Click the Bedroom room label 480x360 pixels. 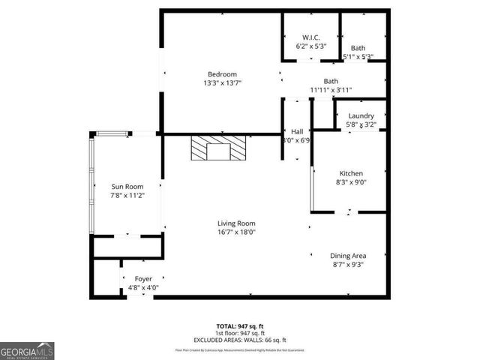[x=222, y=73]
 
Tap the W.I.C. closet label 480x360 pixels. [x=311, y=37]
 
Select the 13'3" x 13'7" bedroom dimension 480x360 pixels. [x=222, y=83]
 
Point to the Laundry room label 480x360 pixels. [x=361, y=115]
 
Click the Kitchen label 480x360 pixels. [x=351, y=172]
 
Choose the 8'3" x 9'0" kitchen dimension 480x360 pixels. [x=351, y=181]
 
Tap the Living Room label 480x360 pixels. [x=236, y=223]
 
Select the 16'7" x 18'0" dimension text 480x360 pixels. [x=236, y=232]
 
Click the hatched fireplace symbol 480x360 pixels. [x=217, y=148]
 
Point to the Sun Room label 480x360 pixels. [x=127, y=187]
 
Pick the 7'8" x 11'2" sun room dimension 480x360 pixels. [x=127, y=196]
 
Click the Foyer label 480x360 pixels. [x=142, y=278]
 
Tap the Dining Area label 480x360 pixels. [x=348, y=255]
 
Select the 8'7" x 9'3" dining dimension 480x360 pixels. [x=348, y=264]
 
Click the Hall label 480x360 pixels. [x=297, y=130]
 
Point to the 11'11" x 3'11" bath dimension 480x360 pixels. [x=331, y=90]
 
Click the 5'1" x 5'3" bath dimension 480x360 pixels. [x=358, y=56]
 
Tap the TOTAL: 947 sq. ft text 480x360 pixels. [x=240, y=326]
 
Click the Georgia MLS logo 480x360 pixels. [x=27, y=350]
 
